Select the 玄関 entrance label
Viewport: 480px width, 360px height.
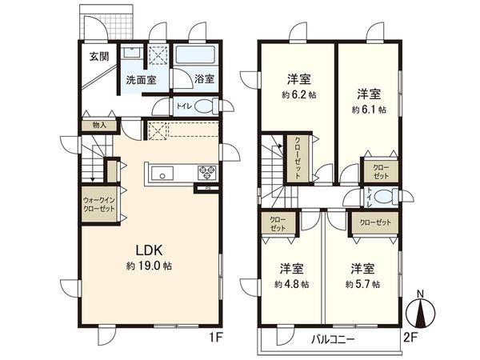pyautogui.click(x=98, y=56)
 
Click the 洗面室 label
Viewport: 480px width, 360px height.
pyautogui.click(x=140, y=81)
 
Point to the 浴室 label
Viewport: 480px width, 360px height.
pyautogui.click(x=204, y=79)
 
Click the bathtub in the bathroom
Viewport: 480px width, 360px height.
pyautogui.click(x=197, y=57)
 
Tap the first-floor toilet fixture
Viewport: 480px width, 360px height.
pyautogui.click(x=204, y=106)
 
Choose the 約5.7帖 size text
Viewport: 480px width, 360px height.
pyautogui.click(x=361, y=283)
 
